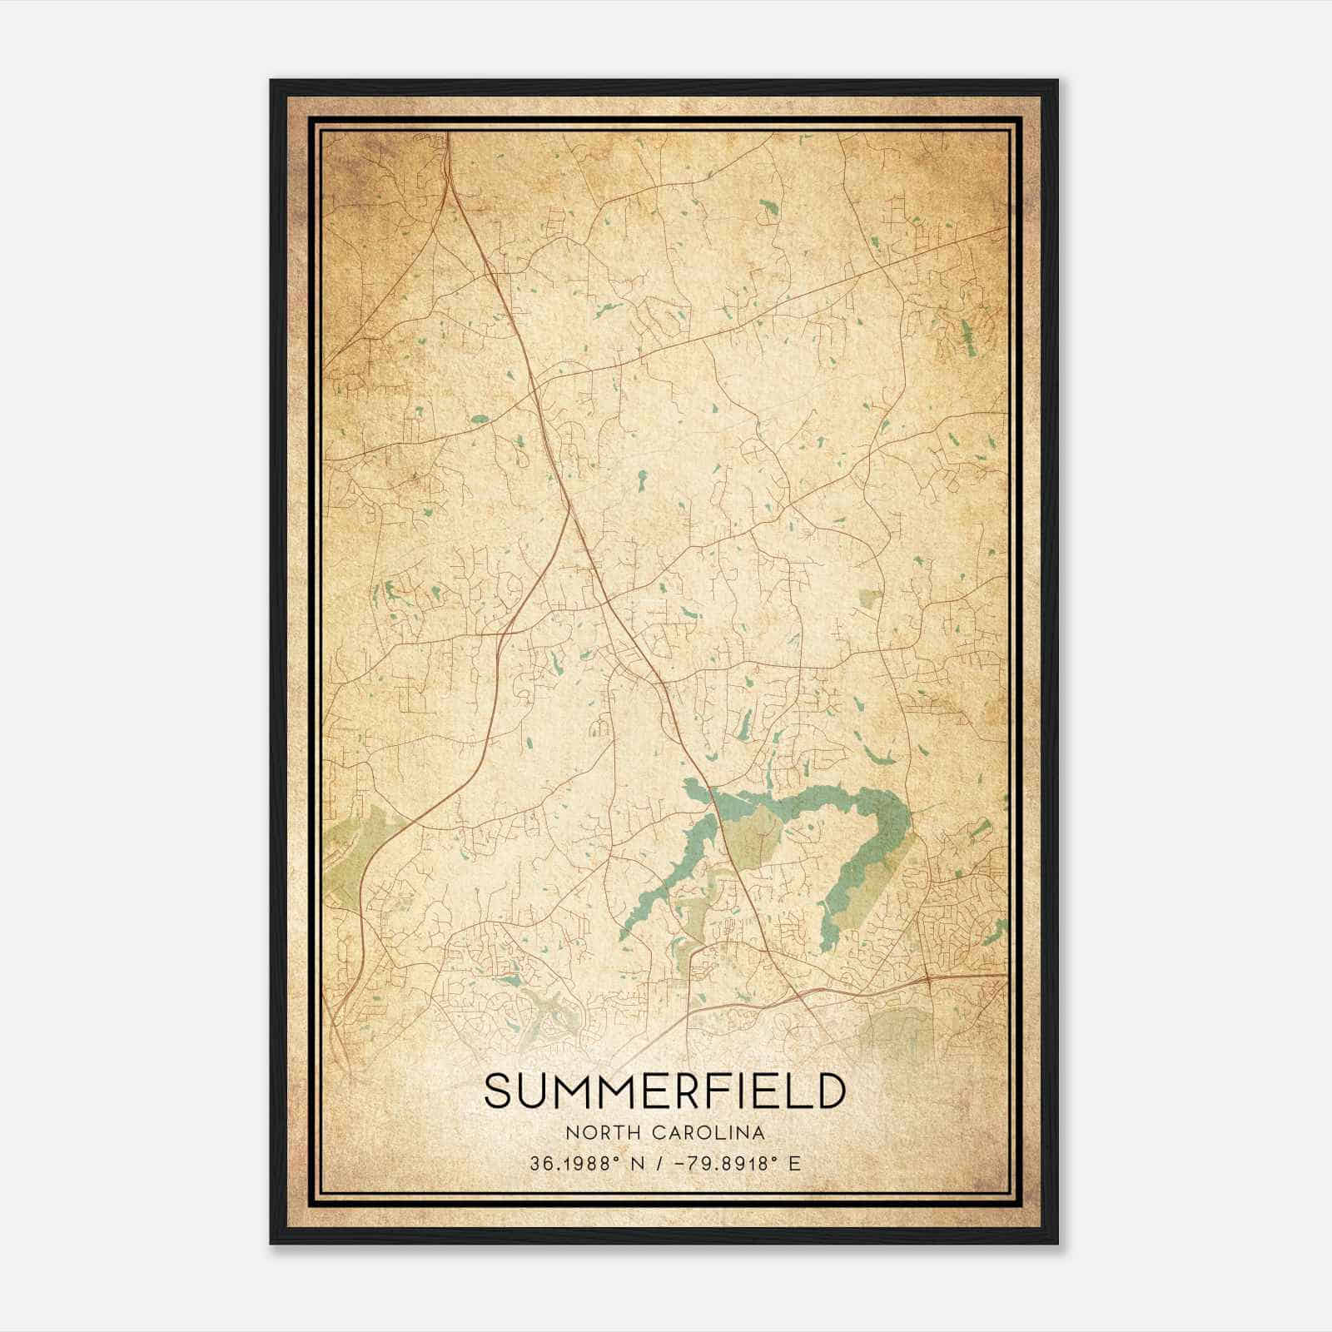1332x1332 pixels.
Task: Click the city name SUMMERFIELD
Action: point(664,1091)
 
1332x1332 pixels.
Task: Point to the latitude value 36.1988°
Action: point(574,1163)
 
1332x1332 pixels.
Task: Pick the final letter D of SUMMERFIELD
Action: point(831,1091)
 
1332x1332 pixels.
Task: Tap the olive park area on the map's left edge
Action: point(354,841)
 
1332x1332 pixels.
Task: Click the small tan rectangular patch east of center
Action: point(870,598)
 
